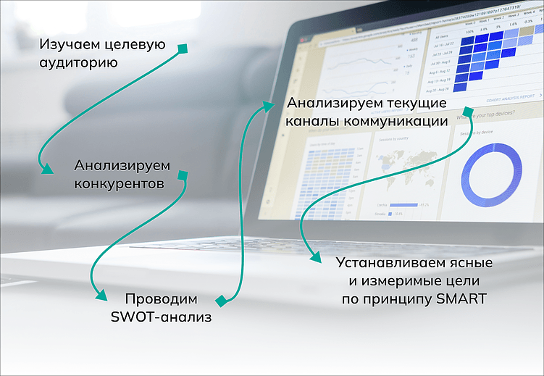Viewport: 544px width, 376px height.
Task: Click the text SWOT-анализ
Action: [162, 317]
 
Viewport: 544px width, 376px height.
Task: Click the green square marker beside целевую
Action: [183, 49]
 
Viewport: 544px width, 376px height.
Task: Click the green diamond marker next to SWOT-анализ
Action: [221, 300]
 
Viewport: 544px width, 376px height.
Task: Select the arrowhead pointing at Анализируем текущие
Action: [269, 106]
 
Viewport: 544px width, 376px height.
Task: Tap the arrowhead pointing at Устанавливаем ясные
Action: [314, 256]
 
